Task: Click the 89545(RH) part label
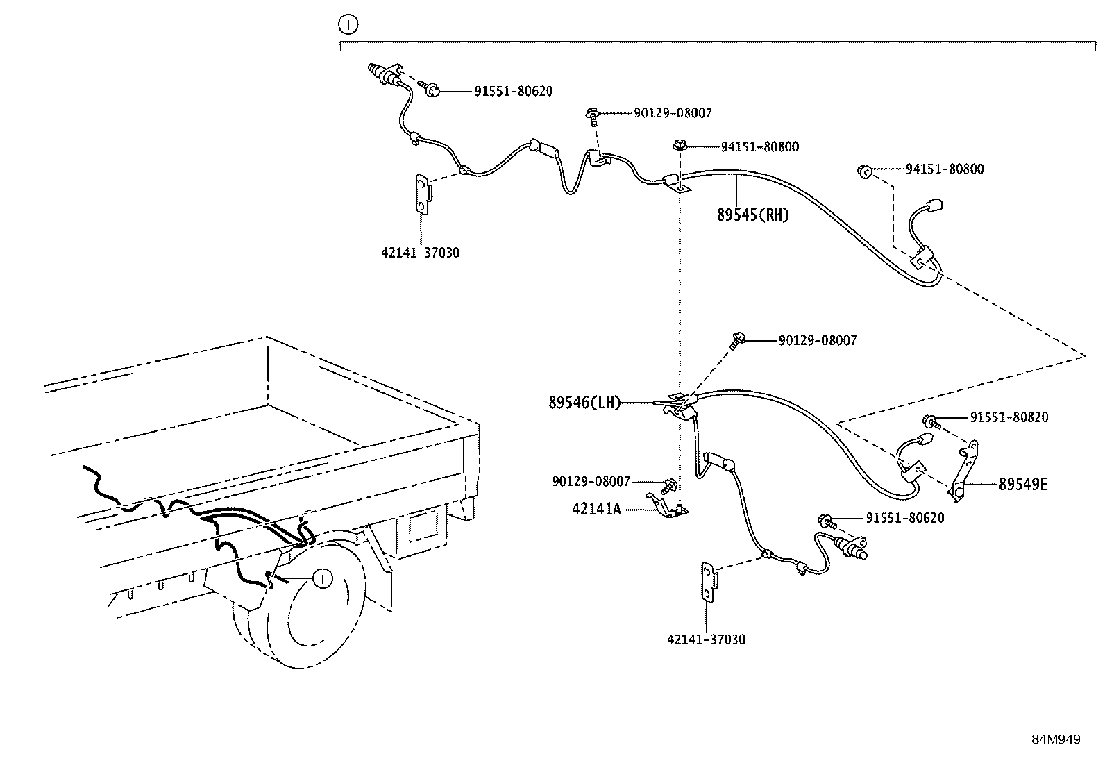753,215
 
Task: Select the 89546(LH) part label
584,402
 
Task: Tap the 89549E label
1023,484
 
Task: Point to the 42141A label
596,509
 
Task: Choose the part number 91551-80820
1009,417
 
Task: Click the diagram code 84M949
1056,739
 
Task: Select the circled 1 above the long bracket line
348,24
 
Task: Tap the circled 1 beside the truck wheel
323,578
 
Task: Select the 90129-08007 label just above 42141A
591,481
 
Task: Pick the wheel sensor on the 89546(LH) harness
850,548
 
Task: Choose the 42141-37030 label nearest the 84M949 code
707,639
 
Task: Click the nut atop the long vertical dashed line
680,146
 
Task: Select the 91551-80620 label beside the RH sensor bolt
514,92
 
